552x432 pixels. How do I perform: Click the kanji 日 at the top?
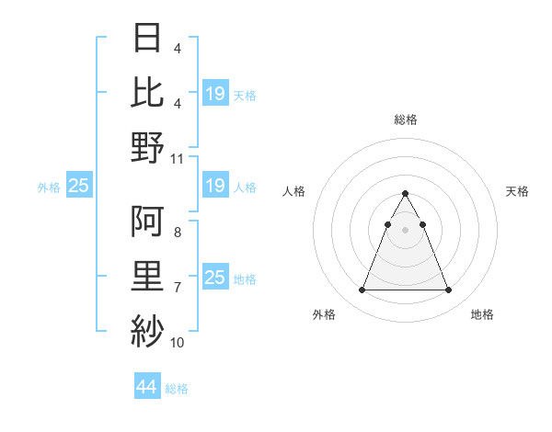click(149, 39)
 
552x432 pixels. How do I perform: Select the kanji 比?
click(149, 93)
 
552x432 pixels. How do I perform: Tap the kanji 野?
click(149, 147)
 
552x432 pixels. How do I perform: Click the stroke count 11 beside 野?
click(178, 158)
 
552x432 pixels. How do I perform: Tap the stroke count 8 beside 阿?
click(177, 233)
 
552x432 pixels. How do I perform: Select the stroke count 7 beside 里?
click(177, 288)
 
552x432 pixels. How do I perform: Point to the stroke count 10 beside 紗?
click(178, 342)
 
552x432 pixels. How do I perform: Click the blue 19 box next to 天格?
click(215, 94)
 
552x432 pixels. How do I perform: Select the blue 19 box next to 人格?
click(215, 187)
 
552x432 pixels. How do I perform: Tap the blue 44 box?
click(146, 387)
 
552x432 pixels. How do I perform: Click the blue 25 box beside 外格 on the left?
click(78, 187)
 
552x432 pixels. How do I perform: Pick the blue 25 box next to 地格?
click(215, 278)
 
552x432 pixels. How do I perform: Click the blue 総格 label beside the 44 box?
click(177, 389)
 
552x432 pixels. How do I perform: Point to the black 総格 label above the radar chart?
click(406, 119)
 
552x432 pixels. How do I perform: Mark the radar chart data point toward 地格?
click(449, 290)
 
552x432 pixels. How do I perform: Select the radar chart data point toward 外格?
click(362, 290)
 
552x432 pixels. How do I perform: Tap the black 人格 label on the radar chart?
click(293, 191)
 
